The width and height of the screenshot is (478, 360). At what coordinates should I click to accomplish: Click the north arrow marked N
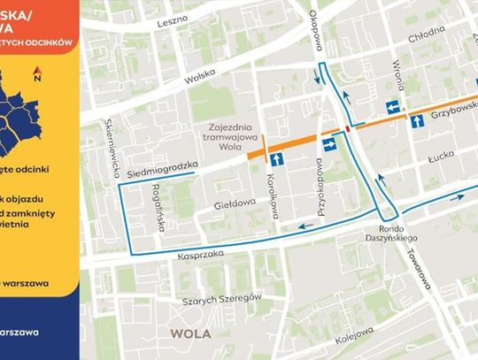tap(37, 76)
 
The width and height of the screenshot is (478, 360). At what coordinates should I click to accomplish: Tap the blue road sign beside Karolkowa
tap(278, 159)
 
